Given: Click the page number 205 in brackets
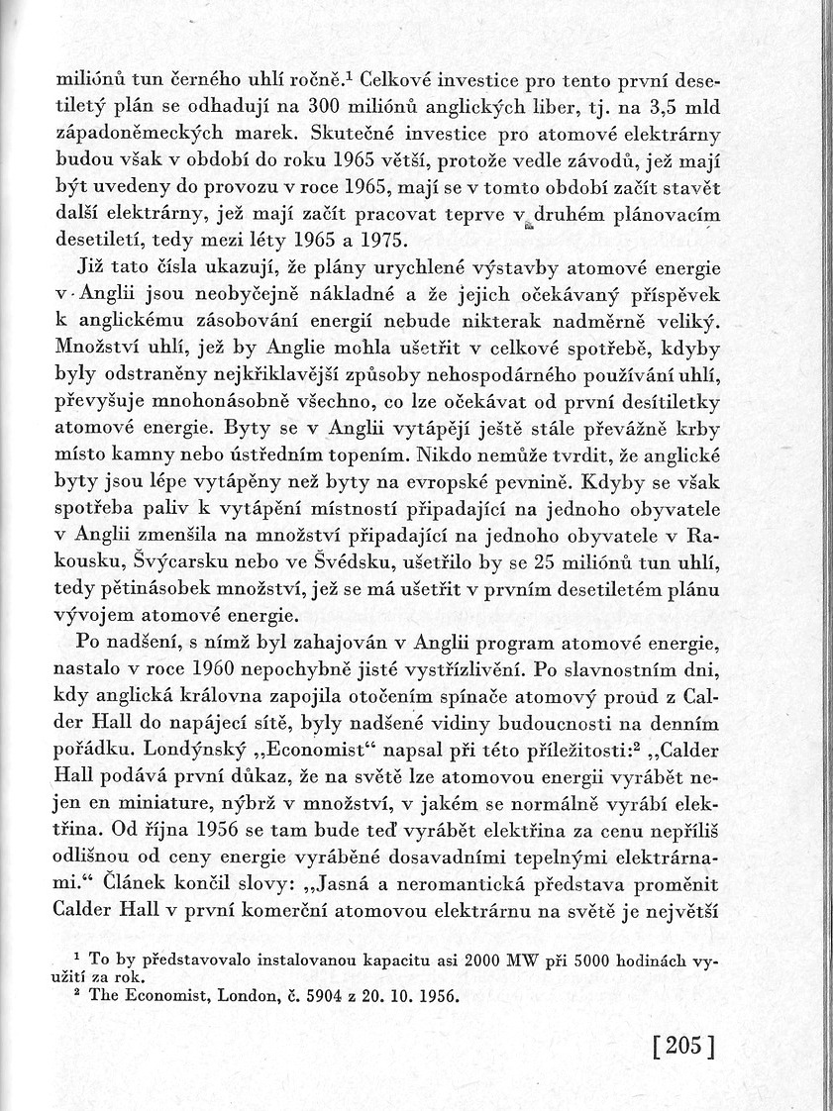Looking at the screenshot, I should point(684,1047).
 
